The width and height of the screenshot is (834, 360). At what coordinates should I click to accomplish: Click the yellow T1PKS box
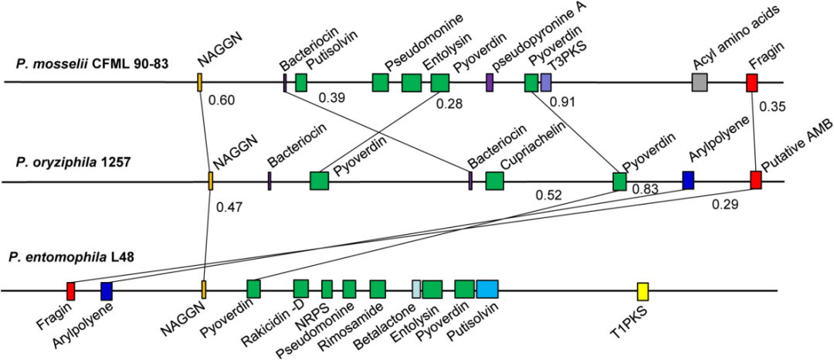point(642,290)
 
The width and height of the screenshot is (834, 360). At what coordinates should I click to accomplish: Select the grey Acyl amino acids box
point(700,83)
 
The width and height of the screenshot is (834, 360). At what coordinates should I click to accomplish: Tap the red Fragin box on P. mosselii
point(752,83)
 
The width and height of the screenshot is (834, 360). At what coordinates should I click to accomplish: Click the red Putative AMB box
point(756,181)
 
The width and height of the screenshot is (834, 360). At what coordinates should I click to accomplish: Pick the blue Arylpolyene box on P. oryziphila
point(688,181)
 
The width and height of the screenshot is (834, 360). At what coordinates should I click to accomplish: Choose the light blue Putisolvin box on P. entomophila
point(487,290)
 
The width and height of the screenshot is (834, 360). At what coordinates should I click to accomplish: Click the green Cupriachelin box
point(495,181)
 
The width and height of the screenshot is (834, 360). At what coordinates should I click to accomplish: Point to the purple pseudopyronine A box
point(490,83)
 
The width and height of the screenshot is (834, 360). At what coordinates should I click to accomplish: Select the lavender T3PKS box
point(546,83)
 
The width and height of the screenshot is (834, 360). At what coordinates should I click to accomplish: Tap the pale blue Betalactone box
point(417,290)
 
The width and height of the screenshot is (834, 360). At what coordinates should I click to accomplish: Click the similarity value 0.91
point(563,101)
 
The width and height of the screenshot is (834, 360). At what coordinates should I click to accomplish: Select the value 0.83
point(646,189)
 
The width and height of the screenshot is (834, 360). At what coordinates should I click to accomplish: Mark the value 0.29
point(724,204)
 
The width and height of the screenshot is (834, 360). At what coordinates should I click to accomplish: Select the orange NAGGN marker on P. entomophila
point(204,290)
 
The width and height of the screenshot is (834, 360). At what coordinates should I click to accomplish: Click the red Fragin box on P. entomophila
point(71,290)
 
